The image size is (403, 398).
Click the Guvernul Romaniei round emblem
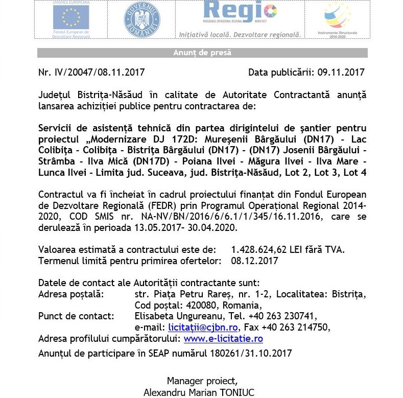click(x=141, y=19)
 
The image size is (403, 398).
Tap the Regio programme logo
click(x=240, y=13)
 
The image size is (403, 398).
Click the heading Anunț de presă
click(x=202, y=53)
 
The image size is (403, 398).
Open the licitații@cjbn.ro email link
click(x=202, y=327)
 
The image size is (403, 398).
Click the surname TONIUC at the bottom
click(x=235, y=392)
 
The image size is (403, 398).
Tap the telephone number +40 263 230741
click(x=283, y=316)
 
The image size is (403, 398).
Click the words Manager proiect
click(x=202, y=381)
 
